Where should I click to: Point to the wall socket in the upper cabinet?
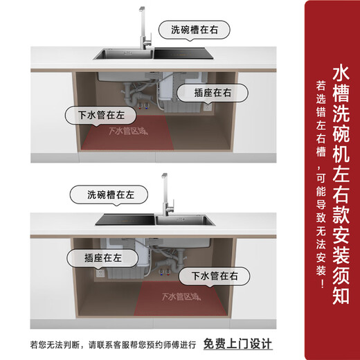[206, 108]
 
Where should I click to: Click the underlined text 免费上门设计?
[237, 344]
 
